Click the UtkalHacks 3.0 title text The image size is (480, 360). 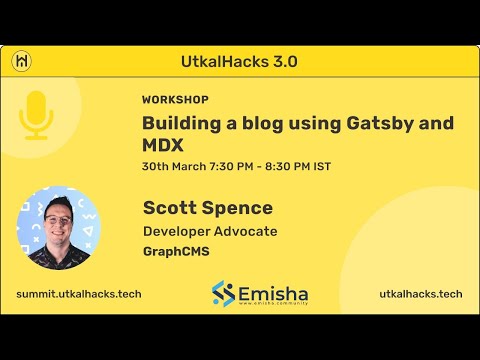240,60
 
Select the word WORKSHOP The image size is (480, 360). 175,100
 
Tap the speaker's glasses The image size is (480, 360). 59,213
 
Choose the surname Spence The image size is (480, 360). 240,209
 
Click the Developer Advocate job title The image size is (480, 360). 209,232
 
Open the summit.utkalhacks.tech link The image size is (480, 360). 78,294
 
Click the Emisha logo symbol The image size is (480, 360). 223,294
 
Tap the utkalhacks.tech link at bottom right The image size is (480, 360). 420,294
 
